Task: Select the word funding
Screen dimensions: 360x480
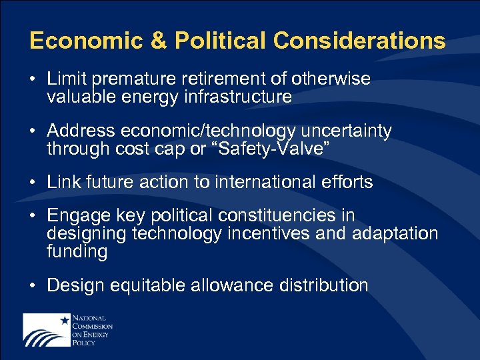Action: tap(77, 252)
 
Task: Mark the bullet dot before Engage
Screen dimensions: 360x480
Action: tap(33, 217)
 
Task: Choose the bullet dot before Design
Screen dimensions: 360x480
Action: tap(33, 286)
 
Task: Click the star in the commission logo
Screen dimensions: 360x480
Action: tap(65, 320)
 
